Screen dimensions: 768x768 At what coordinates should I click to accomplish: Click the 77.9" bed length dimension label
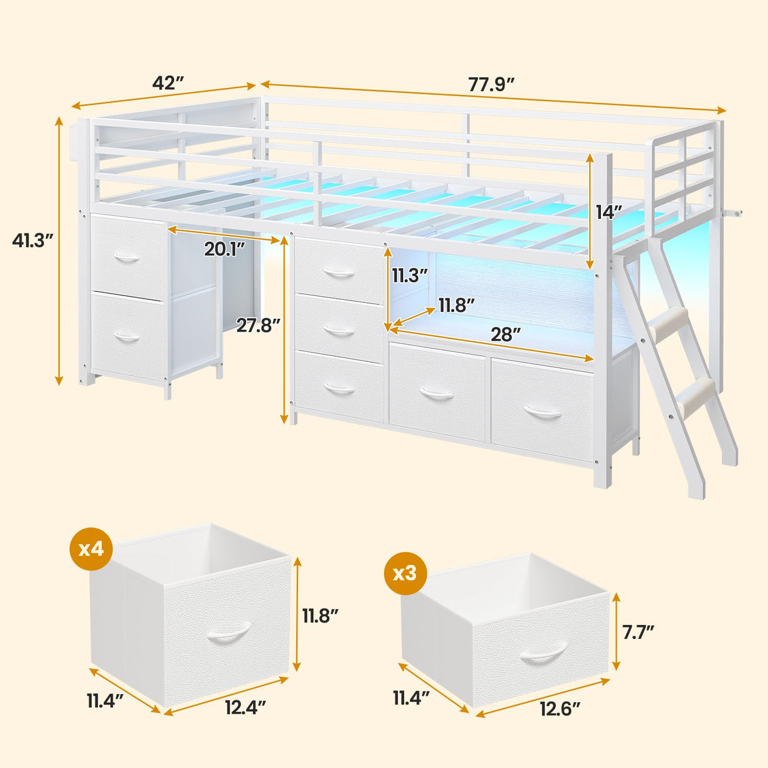(x=491, y=84)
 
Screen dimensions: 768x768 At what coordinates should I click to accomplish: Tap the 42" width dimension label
(x=168, y=83)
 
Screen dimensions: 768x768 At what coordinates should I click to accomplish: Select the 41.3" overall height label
(x=32, y=240)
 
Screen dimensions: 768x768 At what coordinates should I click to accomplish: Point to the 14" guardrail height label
(x=609, y=212)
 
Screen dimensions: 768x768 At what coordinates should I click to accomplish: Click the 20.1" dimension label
(x=224, y=249)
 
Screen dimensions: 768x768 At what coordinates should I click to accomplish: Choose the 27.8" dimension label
(x=257, y=325)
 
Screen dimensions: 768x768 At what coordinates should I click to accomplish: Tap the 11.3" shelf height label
(x=409, y=275)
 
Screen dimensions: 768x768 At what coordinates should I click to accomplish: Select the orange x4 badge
(x=91, y=548)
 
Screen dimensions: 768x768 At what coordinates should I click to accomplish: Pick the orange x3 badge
(x=405, y=573)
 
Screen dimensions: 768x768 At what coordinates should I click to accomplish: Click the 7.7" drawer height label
(x=638, y=631)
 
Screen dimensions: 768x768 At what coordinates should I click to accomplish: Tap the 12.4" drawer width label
(x=245, y=706)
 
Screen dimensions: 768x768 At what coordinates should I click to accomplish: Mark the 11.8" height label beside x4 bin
(x=319, y=615)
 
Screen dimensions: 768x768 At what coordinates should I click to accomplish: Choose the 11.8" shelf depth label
(x=457, y=306)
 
